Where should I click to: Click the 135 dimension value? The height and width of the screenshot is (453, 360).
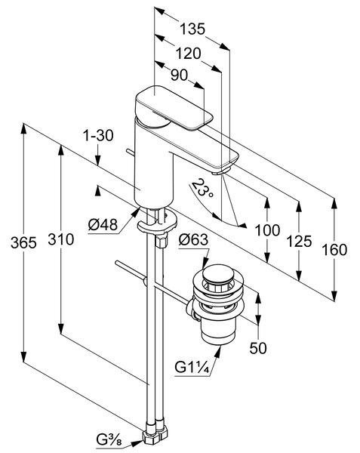pyautogui.click(x=192, y=29)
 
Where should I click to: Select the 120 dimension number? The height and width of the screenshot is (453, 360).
pyautogui.click(x=188, y=54)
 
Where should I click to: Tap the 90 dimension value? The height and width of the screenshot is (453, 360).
pyautogui.click(x=179, y=75)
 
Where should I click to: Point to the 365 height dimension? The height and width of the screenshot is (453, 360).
pyautogui.click(x=23, y=242)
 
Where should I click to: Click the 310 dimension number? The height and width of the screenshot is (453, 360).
pyautogui.click(x=61, y=239)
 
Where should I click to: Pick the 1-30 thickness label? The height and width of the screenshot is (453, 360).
pyautogui.click(x=98, y=135)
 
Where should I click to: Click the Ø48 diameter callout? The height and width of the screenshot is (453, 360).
pyautogui.click(x=103, y=224)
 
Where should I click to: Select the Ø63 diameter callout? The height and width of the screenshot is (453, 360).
pyautogui.click(x=193, y=239)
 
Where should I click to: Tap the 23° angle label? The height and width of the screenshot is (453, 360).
pyautogui.click(x=203, y=188)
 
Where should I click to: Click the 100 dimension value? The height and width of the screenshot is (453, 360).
pyautogui.click(x=267, y=230)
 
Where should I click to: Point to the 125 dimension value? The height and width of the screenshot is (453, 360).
pyautogui.click(x=300, y=241)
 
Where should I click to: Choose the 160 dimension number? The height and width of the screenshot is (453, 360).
pyautogui.click(x=334, y=250)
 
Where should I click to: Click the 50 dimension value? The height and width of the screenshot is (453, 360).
pyautogui.click(x=258, y=348)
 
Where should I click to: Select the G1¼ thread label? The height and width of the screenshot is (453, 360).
pyautogui.click(x=192, y=368)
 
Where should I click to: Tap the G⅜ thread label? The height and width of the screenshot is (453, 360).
pyautogui.click(x=109, y=441)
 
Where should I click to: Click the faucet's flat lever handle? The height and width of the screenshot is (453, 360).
pyautogui.click(x=174, y=108)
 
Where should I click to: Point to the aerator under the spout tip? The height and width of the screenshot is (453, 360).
pyautogui.click(x=220, y=172)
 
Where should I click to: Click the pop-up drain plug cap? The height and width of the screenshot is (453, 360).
pyautogui.click(x=217, y=275)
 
